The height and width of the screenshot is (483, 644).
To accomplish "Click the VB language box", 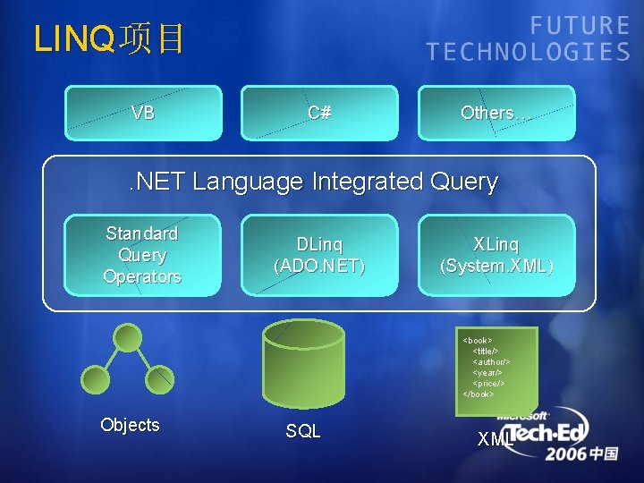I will click(143, 113).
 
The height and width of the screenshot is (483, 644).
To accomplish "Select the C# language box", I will click(319, 113).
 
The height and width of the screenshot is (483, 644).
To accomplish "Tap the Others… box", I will click(496, 113).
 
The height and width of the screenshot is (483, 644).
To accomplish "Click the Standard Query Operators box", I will click(142, 255).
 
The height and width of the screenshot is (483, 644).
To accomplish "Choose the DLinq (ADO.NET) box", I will click(319, 255).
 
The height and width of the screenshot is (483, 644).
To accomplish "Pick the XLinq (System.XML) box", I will click(496, 255).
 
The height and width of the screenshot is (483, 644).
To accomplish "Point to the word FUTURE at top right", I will click(580, 26).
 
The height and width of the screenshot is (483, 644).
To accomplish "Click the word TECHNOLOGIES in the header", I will click(529, 52).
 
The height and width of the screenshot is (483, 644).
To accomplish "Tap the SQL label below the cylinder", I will click(303, 431).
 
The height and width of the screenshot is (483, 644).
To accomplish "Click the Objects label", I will click(131, 425).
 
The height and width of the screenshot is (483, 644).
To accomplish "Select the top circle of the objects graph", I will click(129, 337).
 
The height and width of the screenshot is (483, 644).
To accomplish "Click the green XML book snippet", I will click(496, 371).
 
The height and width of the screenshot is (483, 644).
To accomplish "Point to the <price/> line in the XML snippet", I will click(488, 383).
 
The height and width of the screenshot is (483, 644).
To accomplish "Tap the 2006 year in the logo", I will click(566, 453).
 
